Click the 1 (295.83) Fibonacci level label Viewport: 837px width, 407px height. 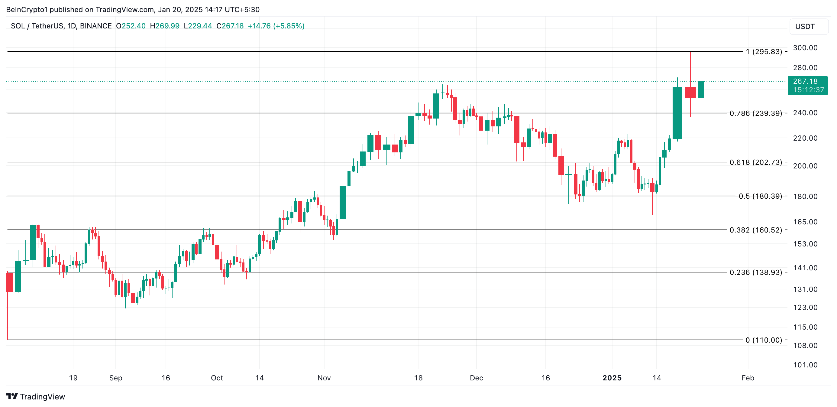coord(764,51)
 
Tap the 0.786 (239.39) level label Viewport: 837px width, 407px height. coord(755,113)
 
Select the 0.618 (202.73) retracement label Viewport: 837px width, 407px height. coord(755,162)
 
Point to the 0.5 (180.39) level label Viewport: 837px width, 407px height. coord(760,196)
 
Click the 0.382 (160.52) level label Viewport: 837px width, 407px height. coord(755,230)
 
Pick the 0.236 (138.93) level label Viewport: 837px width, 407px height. coord(755,272)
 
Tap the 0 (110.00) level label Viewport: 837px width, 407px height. coord(764,340)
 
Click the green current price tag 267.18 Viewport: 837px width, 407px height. coord(807,85)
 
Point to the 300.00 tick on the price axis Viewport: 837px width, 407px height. coord(805,48)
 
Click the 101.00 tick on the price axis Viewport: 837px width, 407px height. coord(805,365)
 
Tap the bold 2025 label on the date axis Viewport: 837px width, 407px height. coord(612,378)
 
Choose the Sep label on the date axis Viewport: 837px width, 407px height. coord(116,378)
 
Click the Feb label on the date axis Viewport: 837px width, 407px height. coord(748,378)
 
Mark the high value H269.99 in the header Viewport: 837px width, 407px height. coord(164,26)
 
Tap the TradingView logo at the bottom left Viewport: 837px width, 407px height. coord(36,397)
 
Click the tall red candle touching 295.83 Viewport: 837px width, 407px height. coord(690,92)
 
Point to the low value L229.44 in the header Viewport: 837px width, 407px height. coord(198,26)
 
